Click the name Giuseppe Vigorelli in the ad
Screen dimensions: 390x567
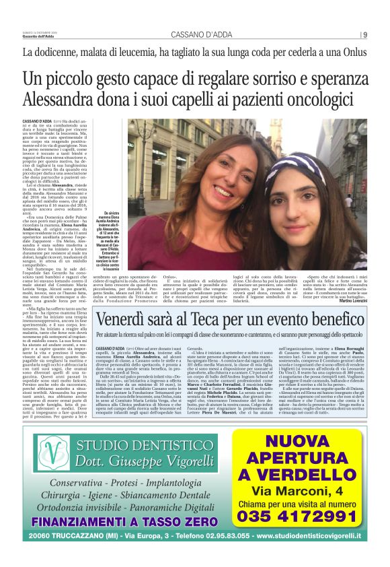point(151,463)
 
